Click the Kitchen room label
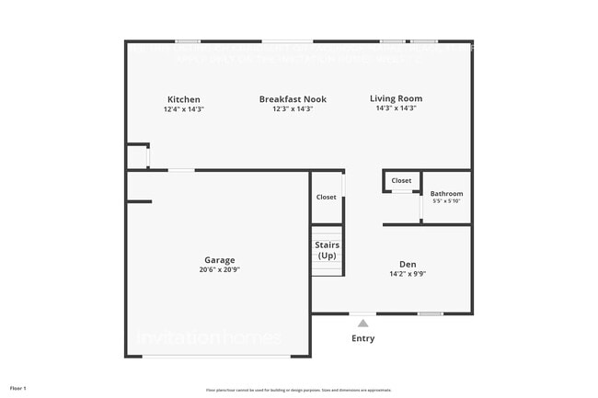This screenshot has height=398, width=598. coord(183,99)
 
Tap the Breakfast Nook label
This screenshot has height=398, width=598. coord(293,99)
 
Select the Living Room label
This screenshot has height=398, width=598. coord(396,98)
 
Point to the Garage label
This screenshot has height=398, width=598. coord(220,260)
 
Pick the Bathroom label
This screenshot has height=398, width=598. coord(446,194)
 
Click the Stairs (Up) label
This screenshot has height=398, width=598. coord(328,250)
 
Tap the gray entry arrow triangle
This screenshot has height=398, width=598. coord(363,323)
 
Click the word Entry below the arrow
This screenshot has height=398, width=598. coord(363,338)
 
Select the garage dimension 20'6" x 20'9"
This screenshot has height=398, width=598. coord(220,270)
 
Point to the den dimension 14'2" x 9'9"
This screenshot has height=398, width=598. coord(408,273)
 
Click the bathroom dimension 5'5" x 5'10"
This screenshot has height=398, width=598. coord(446,201)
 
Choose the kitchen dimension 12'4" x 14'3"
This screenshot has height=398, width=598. coord(183,109)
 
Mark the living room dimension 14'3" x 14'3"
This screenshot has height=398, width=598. coord(396,108)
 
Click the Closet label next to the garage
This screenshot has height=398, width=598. coord(326,197)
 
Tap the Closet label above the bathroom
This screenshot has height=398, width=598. coord(401,181)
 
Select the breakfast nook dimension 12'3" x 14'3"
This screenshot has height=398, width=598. coord(293,109)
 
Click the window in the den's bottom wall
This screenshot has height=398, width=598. coord(430,314)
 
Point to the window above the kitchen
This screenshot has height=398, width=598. coord(188,40)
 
